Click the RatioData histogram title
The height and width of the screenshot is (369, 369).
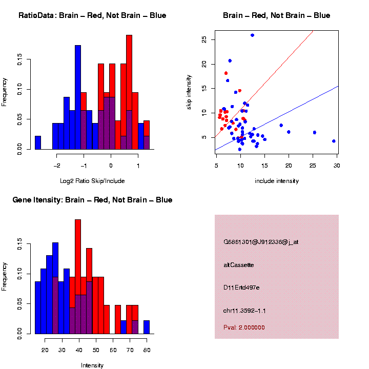(92, 15)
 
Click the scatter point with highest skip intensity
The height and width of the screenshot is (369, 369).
(252, 35)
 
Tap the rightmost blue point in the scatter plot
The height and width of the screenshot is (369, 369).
(334, 141)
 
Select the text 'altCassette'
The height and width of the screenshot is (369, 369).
(238, 265)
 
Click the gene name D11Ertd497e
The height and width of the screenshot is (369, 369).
(241, 288)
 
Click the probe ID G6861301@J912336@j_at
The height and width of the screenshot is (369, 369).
(261, 242)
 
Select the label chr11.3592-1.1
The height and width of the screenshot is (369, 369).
(244, 311)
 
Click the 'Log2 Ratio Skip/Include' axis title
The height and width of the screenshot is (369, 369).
(92, 181)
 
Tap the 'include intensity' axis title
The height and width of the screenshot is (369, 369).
(277, 181)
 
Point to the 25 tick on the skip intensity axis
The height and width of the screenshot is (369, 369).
(204, 39)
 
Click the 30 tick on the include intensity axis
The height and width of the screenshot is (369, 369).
(337, 165)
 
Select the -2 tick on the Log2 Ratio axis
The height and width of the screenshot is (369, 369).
(57, 166)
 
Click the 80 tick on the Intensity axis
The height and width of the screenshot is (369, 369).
(147, 350)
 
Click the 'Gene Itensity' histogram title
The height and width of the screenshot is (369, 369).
(92, 200)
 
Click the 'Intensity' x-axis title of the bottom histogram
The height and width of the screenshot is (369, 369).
(92, 365)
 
